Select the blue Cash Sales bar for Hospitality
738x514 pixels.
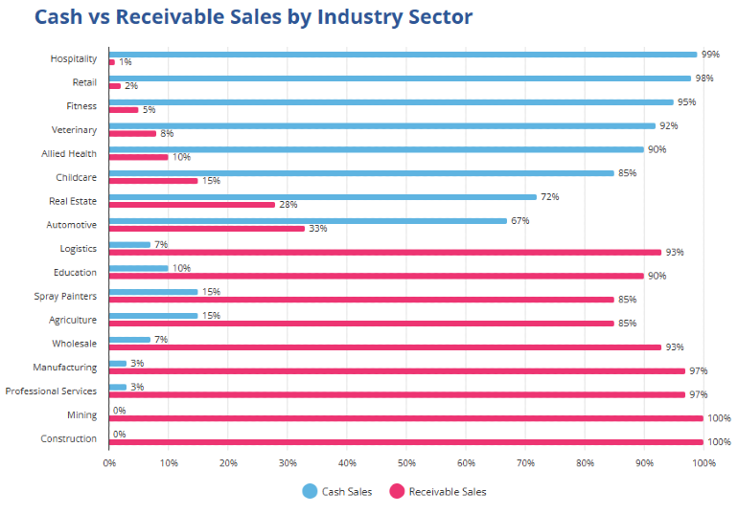tap(403, 55)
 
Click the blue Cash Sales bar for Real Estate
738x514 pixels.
tap(323, 197)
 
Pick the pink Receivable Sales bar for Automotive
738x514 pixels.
tap(207, 229)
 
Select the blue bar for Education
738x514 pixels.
tap(139, 268)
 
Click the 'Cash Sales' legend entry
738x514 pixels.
tap(337, 491)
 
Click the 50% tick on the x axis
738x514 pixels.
tap(406, 463)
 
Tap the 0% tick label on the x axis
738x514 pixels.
tap(109, 463)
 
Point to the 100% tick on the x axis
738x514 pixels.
tap(703, 463)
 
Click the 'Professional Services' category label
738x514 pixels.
tap(51, 391)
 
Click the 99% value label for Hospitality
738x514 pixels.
tap(710, 55)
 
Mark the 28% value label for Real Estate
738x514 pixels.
tap(288, 205)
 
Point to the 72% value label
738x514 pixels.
tap(549, 196)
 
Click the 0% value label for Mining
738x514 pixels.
tap(119, 411)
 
